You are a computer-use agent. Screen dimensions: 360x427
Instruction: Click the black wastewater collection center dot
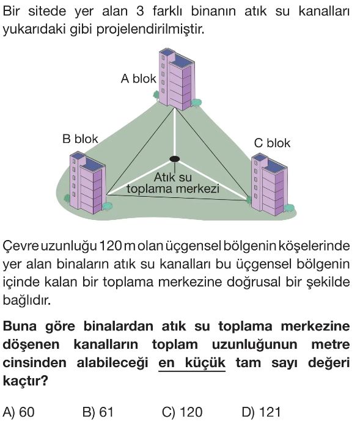pyautogui.click(x=174, y=159)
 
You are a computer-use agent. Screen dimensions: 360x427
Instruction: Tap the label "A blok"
pyautogui.click(x=139, y=79)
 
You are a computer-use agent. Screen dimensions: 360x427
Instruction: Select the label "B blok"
pyautogui.click(x=80, y=139)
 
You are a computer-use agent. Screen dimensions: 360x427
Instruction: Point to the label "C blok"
pyautogui.click(x=272, y=143)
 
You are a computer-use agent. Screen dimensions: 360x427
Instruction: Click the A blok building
pyautogui.click(x=177, y=79)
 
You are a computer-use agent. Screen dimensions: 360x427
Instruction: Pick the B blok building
pyautogui.click(x=87, y=183)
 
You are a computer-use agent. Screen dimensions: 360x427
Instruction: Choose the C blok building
pyautogui.click(x=270, y=184)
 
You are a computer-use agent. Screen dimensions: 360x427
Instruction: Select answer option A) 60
pyautogui.click(x=19, y=412)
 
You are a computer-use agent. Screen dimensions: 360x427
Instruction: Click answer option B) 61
pyautogui.click(x=98, y=412)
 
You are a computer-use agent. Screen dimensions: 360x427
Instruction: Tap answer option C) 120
pyautogui.click(x=182, y=412)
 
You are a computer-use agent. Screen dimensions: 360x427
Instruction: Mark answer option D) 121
pyautogui.click(x=261, y=412)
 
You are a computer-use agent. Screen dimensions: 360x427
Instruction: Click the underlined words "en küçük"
pyautogui.click(x=192, y=363)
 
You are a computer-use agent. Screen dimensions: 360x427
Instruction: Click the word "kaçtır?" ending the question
pyautogui.click(x=25, y=381)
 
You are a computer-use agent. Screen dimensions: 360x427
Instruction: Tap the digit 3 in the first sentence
pyautogui.click(x=140, y=12)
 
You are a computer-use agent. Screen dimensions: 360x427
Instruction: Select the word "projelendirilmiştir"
pyautogui.click(x=150, y=29)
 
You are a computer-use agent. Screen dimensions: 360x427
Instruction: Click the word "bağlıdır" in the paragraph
pyautogui.click(x=26, y=301)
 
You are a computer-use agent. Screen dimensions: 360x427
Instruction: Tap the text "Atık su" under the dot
pyautogui.click(x=173, y=177)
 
